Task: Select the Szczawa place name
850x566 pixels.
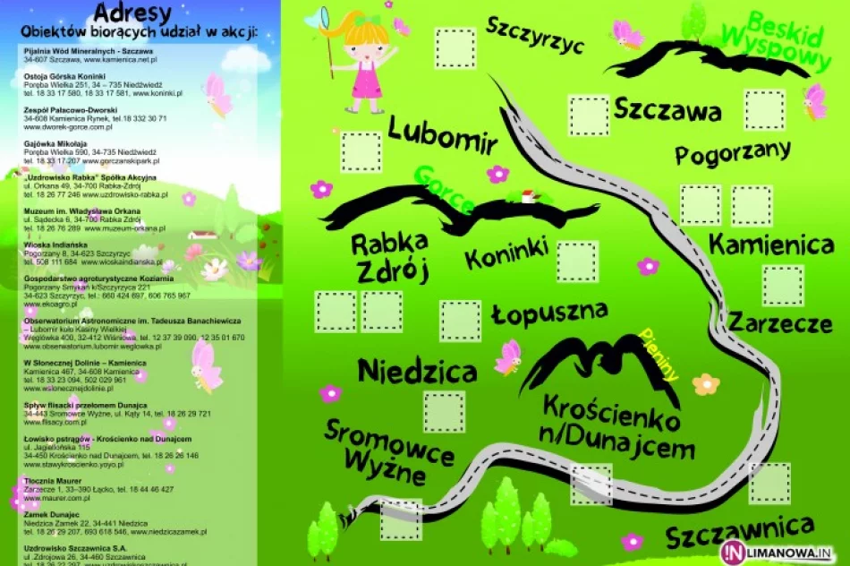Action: click(x=667, y=112)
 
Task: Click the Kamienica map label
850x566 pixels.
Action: click(x=771, y=244)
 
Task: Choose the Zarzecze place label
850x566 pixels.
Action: click(x=779, y=322)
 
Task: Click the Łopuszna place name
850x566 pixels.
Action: click(x=549, y=314)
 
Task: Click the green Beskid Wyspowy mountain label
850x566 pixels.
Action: click(x=787, y=40)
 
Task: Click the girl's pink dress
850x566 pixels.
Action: click(x=367, y=77)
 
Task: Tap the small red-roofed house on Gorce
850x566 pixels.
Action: click(x=529, y=196)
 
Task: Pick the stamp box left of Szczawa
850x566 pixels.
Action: click(x=590, y=115)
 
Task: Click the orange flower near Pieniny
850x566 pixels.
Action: click(x=706, y=384)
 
